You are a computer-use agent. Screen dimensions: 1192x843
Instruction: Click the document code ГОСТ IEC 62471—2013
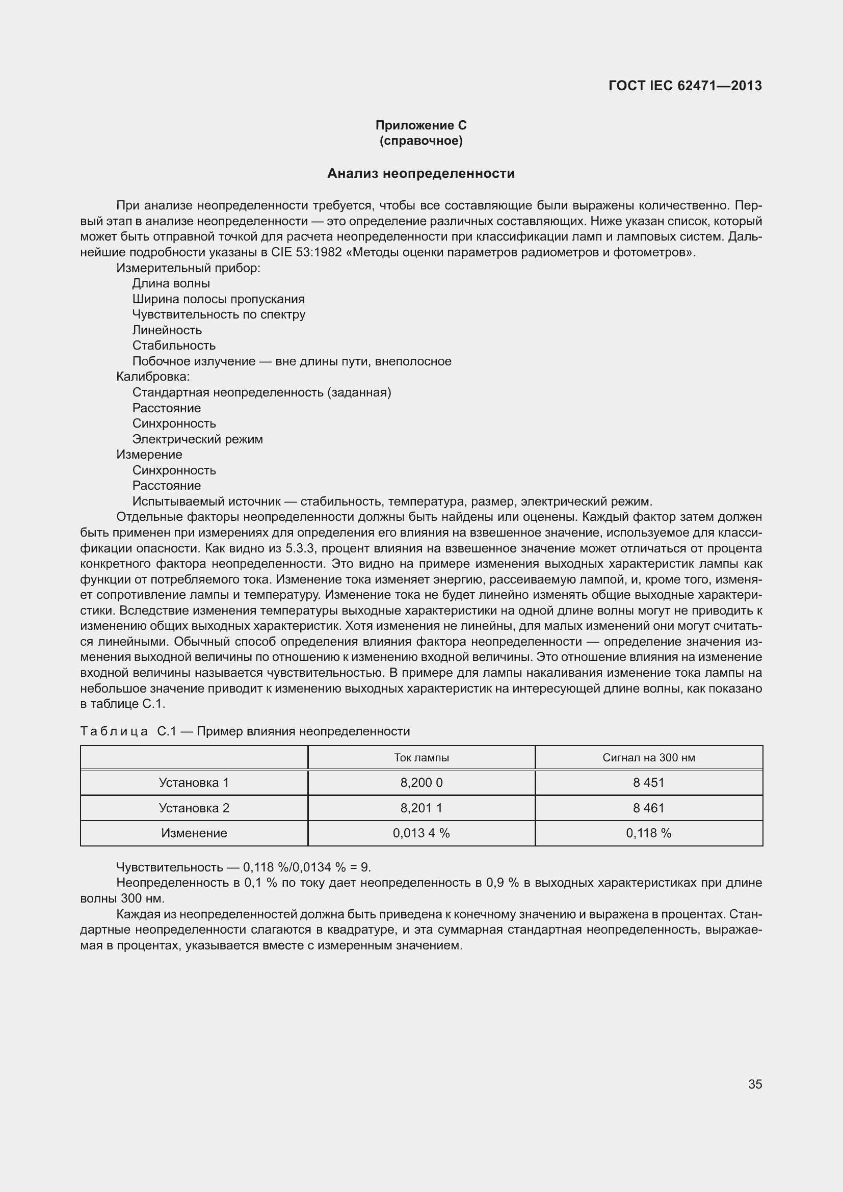point(684,86)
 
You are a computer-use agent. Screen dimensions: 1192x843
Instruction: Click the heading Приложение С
point(421,125)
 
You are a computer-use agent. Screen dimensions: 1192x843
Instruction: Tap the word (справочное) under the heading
point(421,141)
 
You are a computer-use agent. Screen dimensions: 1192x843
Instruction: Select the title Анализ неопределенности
point(421,174)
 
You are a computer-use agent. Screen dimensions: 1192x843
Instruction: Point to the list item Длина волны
point(171,283)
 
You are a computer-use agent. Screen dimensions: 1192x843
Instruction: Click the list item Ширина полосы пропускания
point(219,299)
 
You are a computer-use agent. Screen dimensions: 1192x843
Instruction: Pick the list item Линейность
point(167,330)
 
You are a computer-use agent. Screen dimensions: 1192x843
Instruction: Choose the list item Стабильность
point(174,346)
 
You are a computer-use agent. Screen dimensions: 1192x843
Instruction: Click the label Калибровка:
point(153,377)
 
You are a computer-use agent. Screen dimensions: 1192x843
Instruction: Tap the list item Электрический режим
point(197,439)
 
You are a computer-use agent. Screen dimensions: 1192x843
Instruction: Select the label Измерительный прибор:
point(188,268)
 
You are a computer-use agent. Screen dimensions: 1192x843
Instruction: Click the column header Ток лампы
point(421,757)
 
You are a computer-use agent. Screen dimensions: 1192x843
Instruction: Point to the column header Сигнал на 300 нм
point(648,757)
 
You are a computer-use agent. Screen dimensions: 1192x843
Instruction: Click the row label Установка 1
point(194,782)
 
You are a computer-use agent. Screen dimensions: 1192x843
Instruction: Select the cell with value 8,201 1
point(421,808)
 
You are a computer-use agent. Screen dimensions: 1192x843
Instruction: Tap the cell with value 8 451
point(648,782)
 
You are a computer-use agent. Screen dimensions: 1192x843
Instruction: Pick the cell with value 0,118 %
point(648,833)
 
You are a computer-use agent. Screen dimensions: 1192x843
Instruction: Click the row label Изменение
point(194,833)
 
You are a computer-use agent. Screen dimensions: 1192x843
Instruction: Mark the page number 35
point(755,1084)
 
